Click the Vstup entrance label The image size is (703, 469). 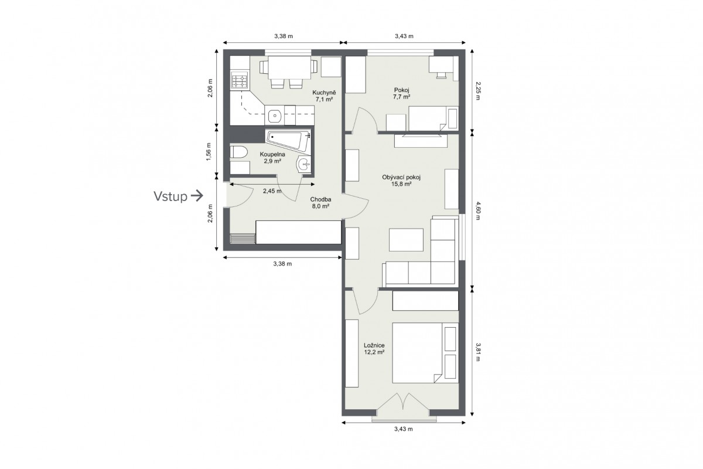(170, 196)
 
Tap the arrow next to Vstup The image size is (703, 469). (197, 196)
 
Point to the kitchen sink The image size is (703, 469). (275, 115)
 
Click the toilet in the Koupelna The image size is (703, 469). (238, 152)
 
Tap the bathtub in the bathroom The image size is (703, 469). (288, 141)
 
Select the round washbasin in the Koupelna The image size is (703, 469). (304, 164)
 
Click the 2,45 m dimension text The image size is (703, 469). (272, 191)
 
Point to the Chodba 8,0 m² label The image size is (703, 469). (320, 203)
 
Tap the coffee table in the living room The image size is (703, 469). (406, 240)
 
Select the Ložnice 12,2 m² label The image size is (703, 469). (374, 349)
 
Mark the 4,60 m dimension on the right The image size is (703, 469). (477, 211)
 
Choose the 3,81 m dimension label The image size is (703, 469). (477, 352)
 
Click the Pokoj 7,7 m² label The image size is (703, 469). (402, 93)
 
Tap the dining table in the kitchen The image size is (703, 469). (289, 67)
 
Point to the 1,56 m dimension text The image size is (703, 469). (209, 152)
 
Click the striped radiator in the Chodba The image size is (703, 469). (243, 239)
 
